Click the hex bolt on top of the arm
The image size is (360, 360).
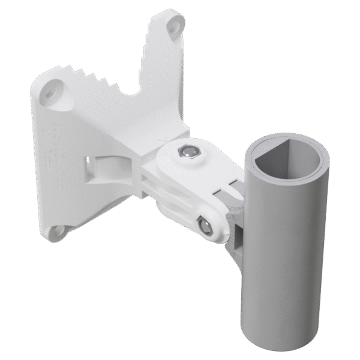click(x=188, y=152)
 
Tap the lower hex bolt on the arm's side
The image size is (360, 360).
click(x=206, y=226)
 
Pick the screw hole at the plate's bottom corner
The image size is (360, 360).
click(x=58, y=230)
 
